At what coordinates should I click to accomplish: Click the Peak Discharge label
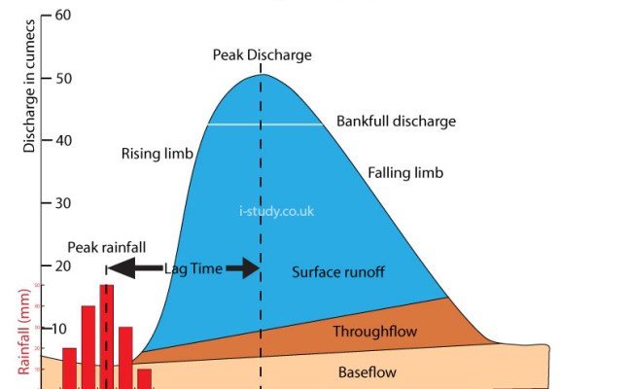pos(263,55)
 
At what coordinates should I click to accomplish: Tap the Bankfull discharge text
pos(396,122)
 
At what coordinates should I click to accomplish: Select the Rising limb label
pos(158,154)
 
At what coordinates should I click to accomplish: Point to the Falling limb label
pos(405,173)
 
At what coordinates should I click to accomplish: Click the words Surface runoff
pos(338,272)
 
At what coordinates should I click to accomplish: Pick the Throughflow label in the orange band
pos(374,332)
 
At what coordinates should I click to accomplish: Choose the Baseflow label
pos(367,371)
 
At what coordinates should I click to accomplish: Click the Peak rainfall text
pos(107,248)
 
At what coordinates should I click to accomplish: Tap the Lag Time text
pos(193,268)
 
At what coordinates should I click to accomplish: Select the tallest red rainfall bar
pos(106,336)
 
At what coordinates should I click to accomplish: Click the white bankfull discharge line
pos(264,124)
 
